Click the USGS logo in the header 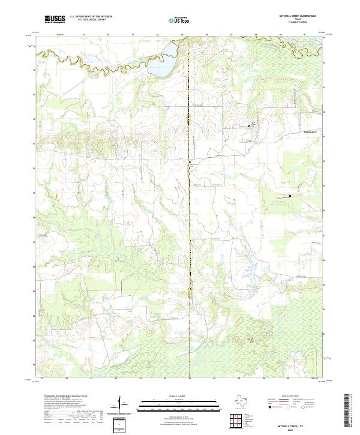pos(55,19)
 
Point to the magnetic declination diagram pos(121,404)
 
